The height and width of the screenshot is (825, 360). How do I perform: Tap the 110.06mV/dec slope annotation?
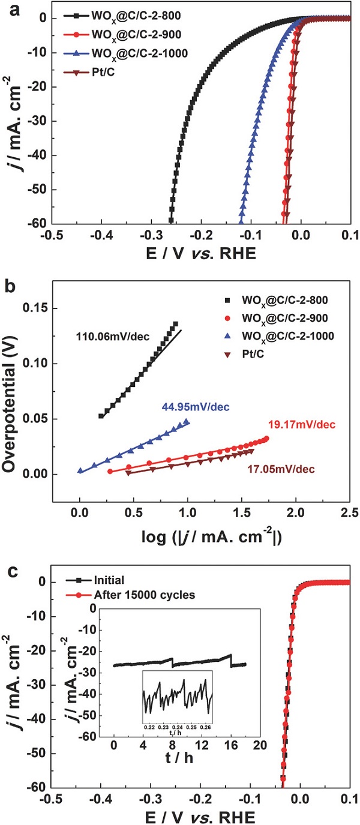pyautogui.click(x=108, y=335)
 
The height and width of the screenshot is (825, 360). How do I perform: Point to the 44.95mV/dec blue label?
pyautogui.click(x=197, y=408)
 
